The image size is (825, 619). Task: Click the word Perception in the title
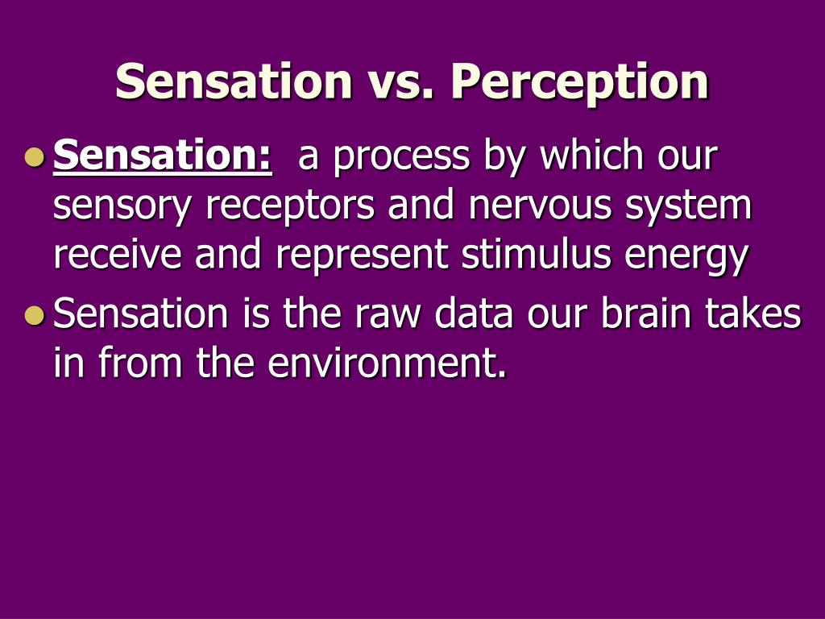point(580,82)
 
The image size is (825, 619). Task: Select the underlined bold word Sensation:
point(163,156)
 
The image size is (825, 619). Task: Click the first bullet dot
point(35,157)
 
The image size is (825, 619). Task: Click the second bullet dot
point(35,315)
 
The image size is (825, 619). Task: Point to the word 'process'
point(401,158)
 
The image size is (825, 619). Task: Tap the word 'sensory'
point(122,206)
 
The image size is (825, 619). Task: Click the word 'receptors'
point(290,206)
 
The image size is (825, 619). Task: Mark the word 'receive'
point(118,253)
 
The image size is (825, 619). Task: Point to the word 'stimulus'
point(536,253)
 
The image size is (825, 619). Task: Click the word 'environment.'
point(387,363)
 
